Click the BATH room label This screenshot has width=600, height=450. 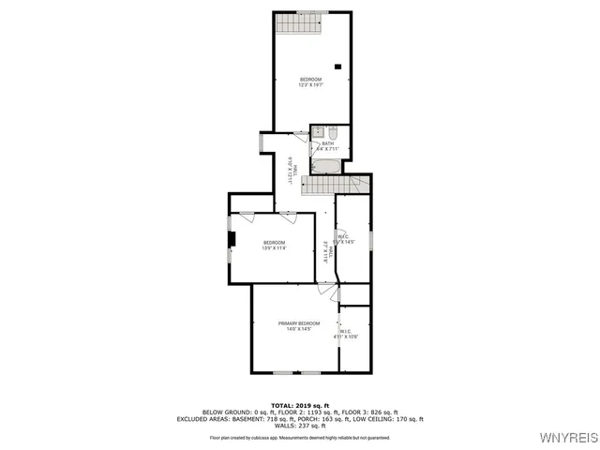(x=327, y=143)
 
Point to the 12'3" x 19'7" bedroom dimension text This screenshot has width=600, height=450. (x=310, y=85)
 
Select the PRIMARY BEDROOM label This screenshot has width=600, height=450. (x=298, y=323)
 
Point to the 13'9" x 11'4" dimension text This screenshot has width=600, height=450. (x=274, y=248)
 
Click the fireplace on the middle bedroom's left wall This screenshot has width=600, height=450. (x=232, y=240)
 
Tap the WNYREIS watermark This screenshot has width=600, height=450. (x=568, y=438)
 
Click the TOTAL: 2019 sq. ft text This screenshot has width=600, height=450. (x=299, y=405)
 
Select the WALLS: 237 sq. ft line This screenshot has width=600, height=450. (x=299, y=426)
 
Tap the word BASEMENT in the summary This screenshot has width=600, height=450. (x=241, y=419)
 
